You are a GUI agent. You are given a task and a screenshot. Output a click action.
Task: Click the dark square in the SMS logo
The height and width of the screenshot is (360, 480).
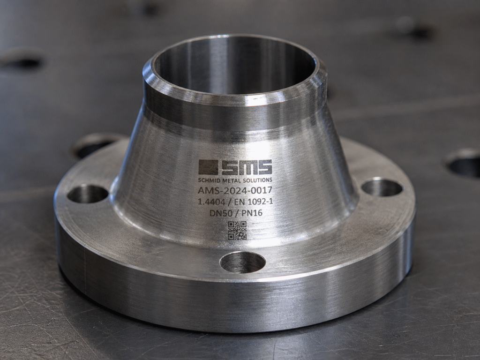click(208, 167)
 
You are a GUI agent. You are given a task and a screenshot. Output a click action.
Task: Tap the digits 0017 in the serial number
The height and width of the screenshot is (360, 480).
click(261, 190)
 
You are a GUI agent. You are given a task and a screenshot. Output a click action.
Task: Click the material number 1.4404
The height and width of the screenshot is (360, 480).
click(211, 202)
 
